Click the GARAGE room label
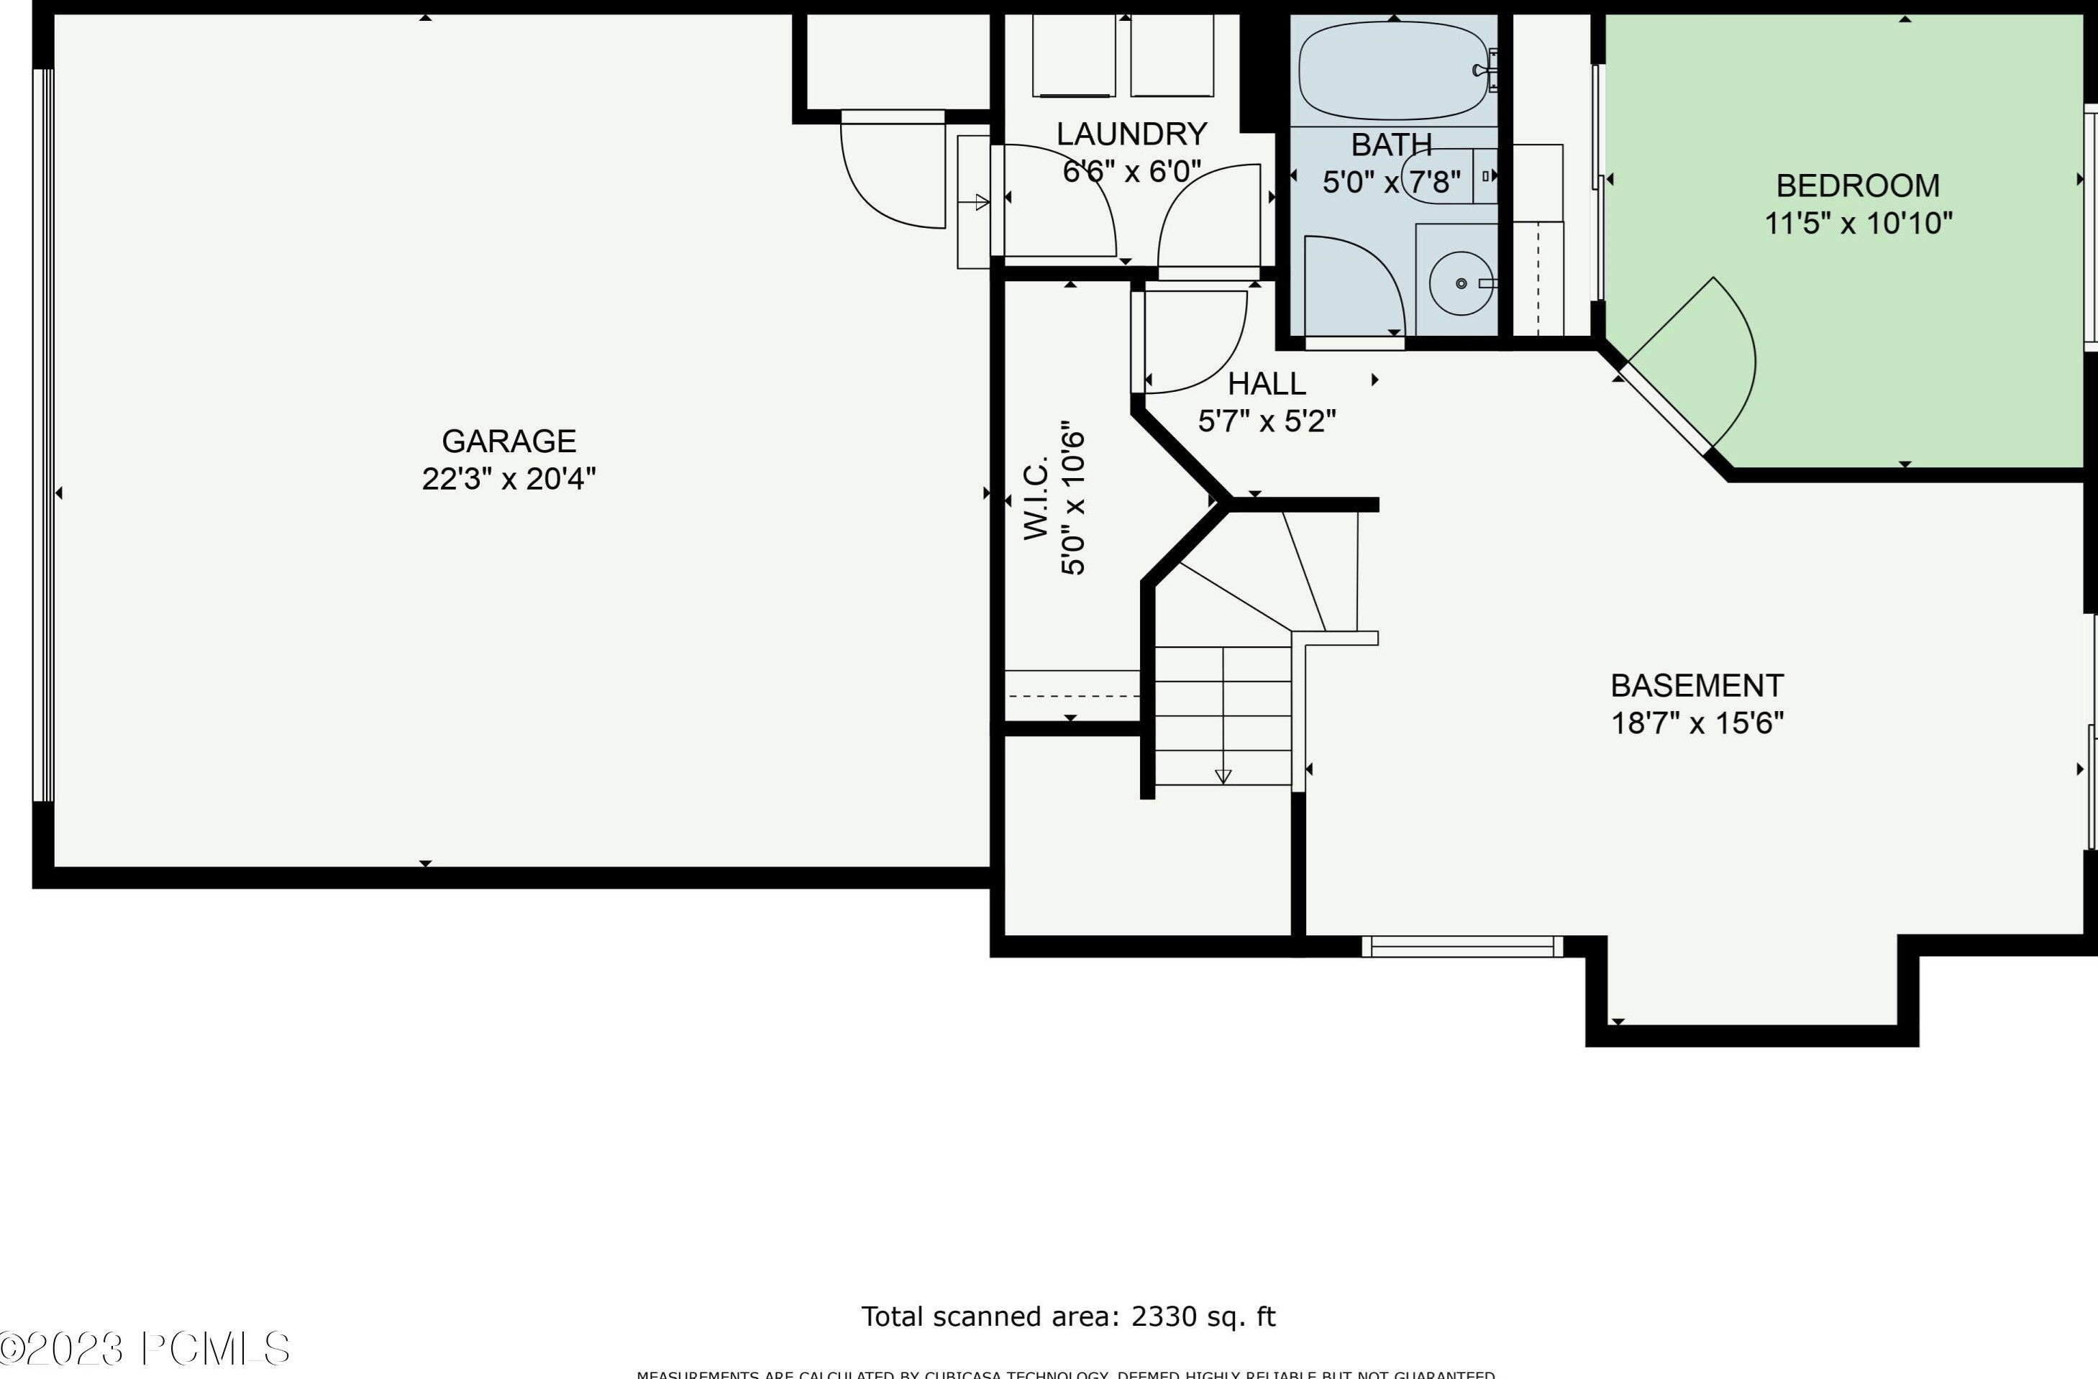pos(508,441)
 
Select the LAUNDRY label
pos(1131,134)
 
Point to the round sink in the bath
pos(1461,283)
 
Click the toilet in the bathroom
pos(1446,176)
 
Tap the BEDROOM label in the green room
pos(1857,186)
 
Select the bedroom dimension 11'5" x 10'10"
pos(1857,224)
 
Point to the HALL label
pos(1267,384)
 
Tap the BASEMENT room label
pos(1697,685)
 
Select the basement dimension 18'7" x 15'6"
pos(1697,723)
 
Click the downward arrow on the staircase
pos(1223,775)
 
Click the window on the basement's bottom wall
pos(1461,946)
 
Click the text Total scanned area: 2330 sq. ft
pos(1067,1316)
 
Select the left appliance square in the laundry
pos(1074,55)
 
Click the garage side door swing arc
pos(890,176)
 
